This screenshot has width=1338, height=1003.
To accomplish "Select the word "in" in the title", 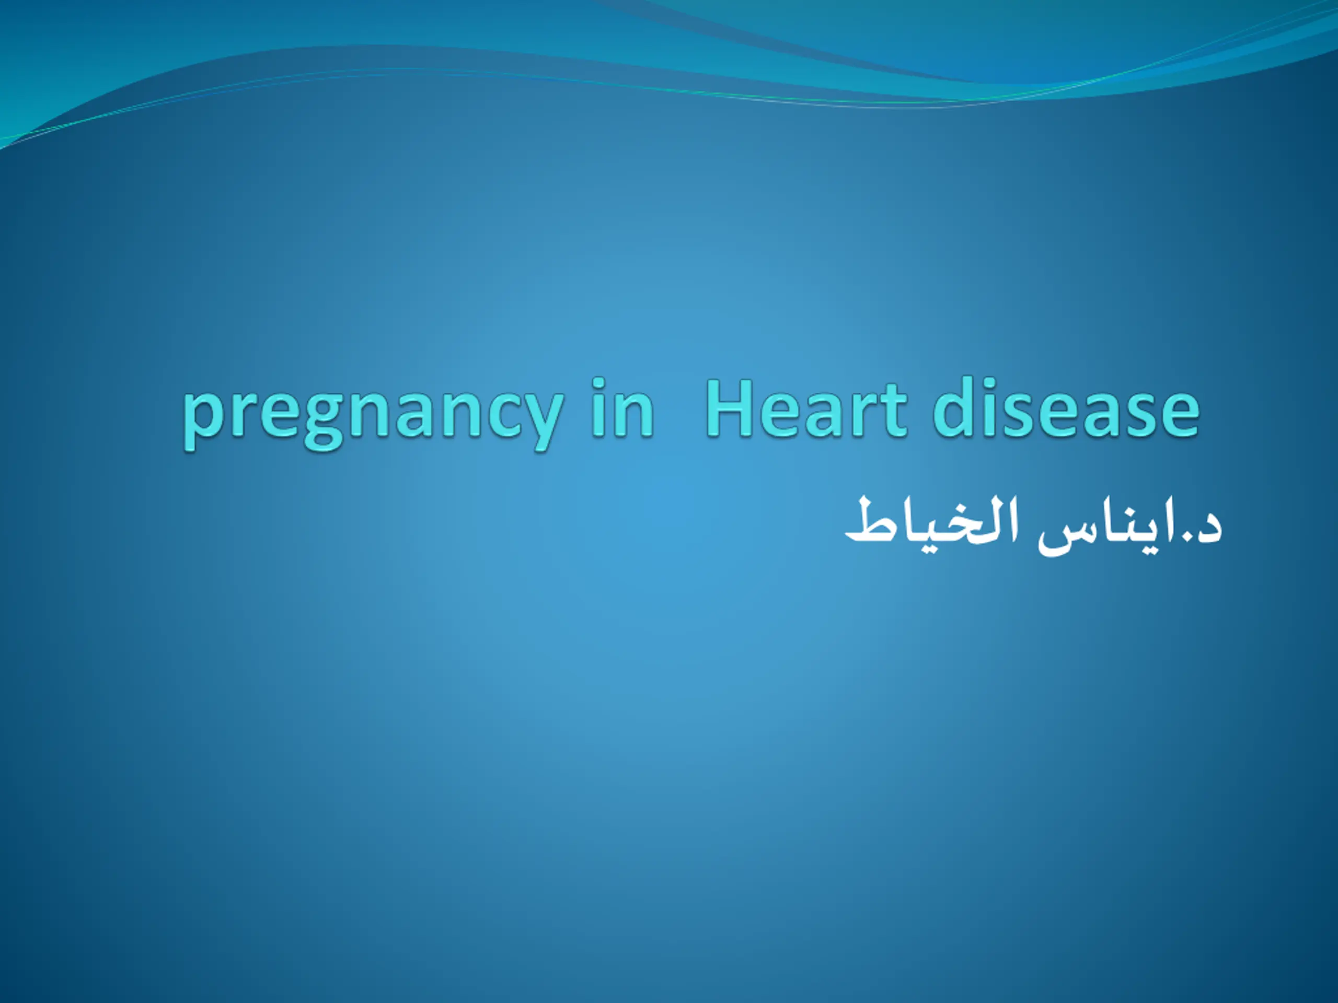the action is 622,406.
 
